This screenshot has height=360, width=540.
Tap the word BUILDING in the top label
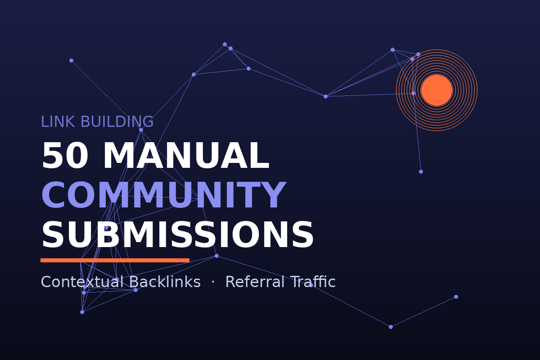click(117, 121)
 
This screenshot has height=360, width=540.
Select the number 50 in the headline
click(65, 156)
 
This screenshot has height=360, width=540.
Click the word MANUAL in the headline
click(186, 156)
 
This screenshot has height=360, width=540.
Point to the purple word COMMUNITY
click(164, 195)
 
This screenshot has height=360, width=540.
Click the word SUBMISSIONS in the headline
click(177, 234)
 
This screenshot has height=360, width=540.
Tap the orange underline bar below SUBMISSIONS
click(115, 260)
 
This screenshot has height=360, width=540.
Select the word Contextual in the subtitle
click(83, 282)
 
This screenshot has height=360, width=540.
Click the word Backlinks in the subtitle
click(165, 281)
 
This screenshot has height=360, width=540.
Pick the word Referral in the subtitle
click(255, 281)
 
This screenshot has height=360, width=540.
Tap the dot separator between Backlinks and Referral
click(212, 281)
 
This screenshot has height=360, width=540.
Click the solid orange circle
click(436, 90)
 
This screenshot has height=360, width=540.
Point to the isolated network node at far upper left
click(71, 60)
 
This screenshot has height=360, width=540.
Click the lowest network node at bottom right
click(391, 327)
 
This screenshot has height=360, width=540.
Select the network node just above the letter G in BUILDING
click(141, 130)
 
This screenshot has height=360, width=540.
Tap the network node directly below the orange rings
click(421, 172)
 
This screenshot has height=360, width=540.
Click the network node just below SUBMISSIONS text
click(216, 256)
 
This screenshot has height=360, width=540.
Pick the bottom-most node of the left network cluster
click(82, 312)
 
